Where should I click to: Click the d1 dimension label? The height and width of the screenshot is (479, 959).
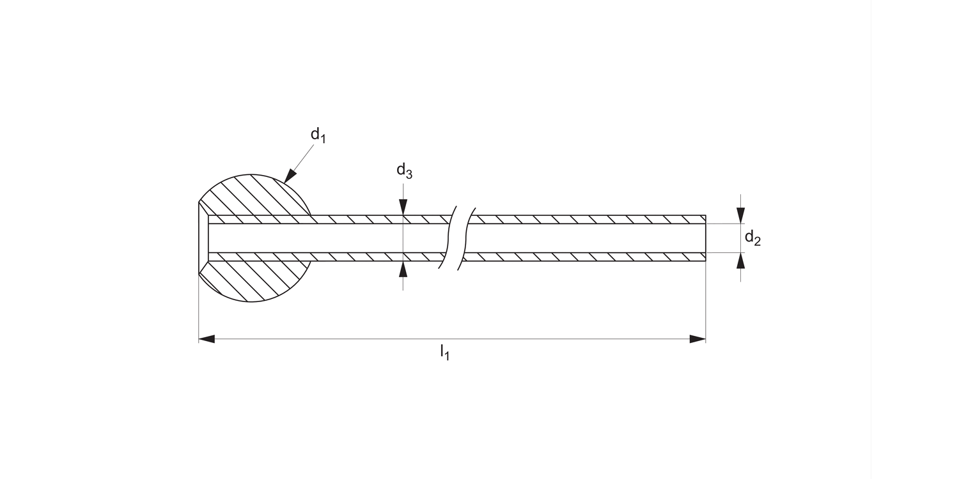tap(318, 135)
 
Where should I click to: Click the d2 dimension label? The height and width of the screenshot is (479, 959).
tap(752, 238)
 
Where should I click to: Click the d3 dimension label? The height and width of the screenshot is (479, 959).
tap(403, 171)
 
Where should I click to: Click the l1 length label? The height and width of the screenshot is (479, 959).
tap(444, 352)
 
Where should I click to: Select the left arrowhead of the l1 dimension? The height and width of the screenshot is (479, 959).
tap(207, 339)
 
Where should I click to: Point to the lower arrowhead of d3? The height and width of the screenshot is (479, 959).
tap(403, 269)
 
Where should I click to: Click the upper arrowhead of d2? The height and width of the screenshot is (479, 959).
tap(740, 215)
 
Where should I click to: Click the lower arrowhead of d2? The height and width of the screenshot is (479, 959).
tap(740, 261)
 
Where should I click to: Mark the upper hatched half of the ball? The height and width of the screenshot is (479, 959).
tap(256, 195)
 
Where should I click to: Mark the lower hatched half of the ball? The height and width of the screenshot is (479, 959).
tap(256, 281)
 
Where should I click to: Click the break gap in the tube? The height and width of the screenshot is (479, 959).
tap(456, 238)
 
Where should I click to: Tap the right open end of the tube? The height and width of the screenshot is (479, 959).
tap(705, 238)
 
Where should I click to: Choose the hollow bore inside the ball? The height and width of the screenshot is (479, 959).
tap(256, 238)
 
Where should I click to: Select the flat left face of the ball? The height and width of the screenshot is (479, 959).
tap(199, 238)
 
